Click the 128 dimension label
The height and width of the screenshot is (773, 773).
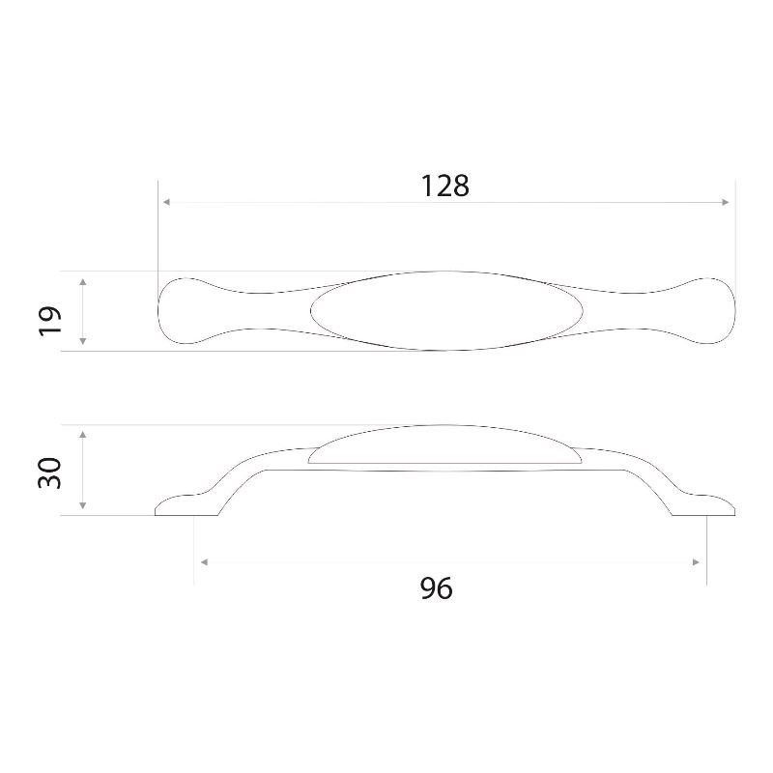(x=444, y=186)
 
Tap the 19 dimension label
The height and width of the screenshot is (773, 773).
(x=50, y=321)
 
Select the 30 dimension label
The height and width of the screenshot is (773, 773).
(x=50, y=473)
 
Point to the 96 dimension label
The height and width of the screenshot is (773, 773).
(x=437, y=588)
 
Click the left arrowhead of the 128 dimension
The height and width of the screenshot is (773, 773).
(x=166, y=202)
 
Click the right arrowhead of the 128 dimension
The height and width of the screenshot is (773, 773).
(x=725, y=202)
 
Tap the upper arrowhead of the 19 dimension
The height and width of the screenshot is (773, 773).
(x=83, y=282)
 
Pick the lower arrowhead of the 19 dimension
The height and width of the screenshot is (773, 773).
(x=83, y=341)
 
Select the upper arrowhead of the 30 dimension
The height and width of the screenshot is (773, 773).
(x=83, y=434)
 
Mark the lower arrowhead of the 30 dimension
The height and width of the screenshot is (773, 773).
(x=83, y=505)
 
